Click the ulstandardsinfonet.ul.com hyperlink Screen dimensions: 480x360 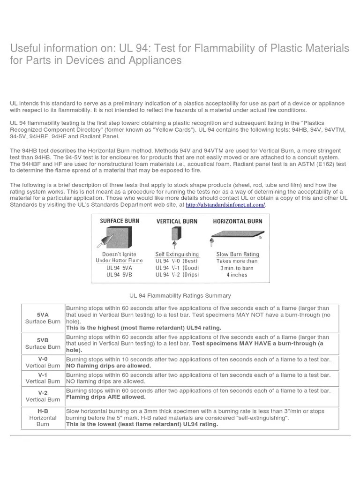click(225, 205)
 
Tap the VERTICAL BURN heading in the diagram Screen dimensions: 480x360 click(176, 221)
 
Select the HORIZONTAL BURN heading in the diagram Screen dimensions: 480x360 click(238, 221)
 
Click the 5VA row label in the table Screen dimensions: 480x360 click(42, 313)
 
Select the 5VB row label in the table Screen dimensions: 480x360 click(42, 339)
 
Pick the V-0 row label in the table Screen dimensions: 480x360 click(42, 359)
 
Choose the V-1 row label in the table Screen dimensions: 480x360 click(42, 375)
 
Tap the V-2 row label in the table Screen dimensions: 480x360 click(42, 392)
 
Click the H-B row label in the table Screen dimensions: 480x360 click(43, 410)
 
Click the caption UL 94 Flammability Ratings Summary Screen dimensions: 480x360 click(180, 295)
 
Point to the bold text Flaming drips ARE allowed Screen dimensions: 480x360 click(106, 397)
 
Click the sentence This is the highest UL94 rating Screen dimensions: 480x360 click(143, 328)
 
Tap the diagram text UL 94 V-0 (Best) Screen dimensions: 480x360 click(177, 261)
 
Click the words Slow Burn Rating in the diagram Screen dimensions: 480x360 click(237, 255)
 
